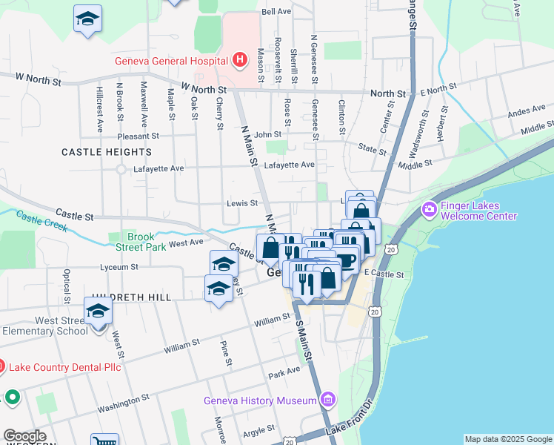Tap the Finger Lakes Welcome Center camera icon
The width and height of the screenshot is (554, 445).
coord(429,211)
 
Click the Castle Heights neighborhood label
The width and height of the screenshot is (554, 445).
coord(107,151)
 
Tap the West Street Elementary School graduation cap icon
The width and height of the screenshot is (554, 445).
coord(97,310)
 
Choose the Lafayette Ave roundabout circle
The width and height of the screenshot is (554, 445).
coord(121,169)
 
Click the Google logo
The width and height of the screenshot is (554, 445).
coord(24,436)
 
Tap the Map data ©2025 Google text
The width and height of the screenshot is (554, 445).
coord(508,439)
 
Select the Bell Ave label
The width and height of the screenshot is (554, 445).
coord(276,12)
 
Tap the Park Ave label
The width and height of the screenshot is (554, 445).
coord(284,371)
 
